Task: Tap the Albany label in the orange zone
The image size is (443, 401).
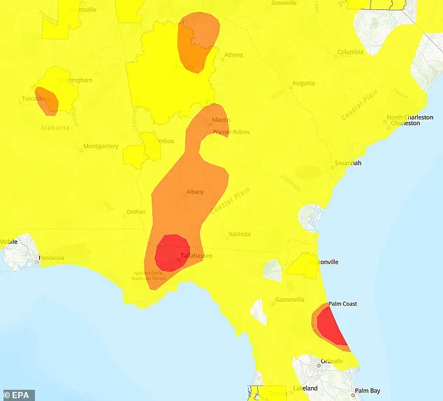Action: pyautogui.click(x=195, y=191)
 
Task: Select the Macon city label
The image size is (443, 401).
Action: pyautogui.click(x=221, y=120)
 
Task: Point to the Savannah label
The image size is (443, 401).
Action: pyautogui.click(x=348, y=163)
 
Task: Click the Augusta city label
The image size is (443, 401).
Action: pyautogui.click(x=303, y=82)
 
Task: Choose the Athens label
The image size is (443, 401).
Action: pyautogui.click(x=233, y=56)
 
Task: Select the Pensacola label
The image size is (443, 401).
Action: pyautogui.click(x=51, y=258)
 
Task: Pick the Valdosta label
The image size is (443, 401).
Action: pyautogui.click(x=240, y=234)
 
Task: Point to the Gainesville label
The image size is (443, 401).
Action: pyautogui.click(x=289, y=300)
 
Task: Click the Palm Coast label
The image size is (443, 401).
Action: pyautogui.click(x=342, y=304)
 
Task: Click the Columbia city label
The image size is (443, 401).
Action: pyautogui.click(x=351, y=52)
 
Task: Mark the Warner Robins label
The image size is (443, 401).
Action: pyautogui.click(x=231, y=131)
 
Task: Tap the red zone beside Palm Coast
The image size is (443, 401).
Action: pyautogui.click(x=331, y=327)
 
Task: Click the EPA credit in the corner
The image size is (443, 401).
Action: pyautogui.click(x=17, y=395)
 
